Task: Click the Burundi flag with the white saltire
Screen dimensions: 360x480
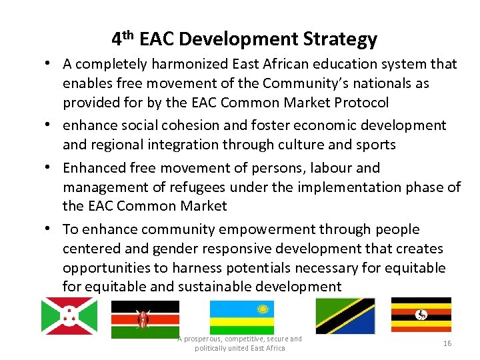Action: pyautogui.click(x=69, y=315)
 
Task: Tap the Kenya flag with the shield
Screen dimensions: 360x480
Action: pyautogui.click(x=145, y=319)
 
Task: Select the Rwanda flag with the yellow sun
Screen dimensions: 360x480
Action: pyautogui.click(x=241, y=317)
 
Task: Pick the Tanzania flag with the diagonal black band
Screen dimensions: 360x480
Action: pyautogui.click(x=345, y=316)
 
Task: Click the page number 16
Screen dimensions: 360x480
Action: pyautogui.click(x=447, y=342)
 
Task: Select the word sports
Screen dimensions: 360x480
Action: pyautogui.click(x=375, y=145)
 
